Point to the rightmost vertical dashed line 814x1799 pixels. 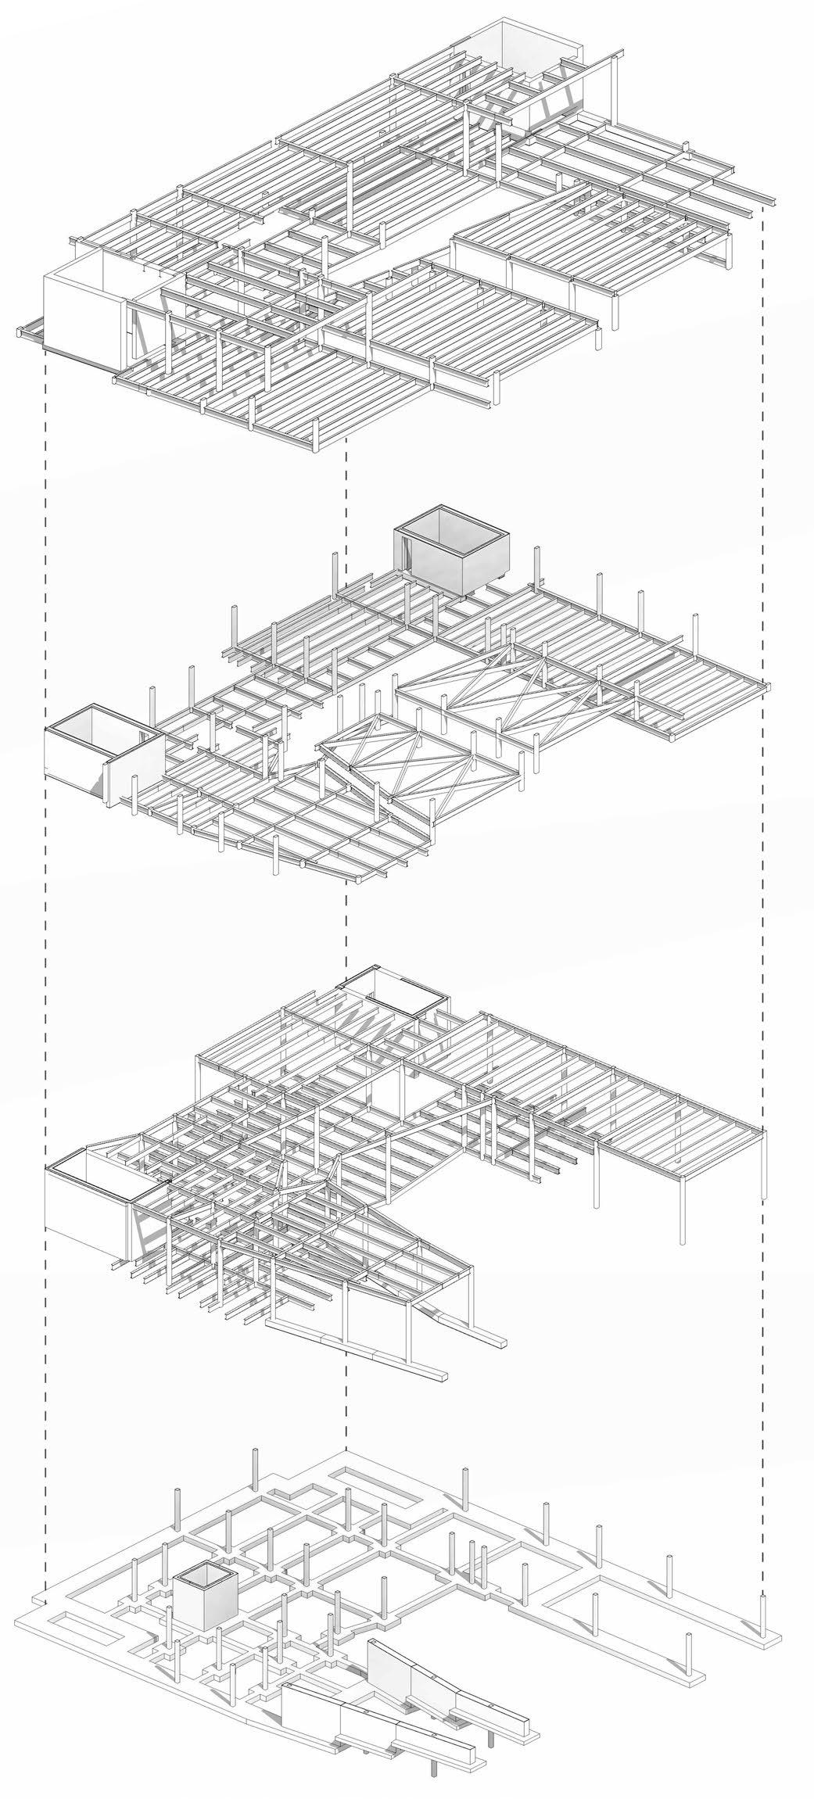(762, 860)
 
